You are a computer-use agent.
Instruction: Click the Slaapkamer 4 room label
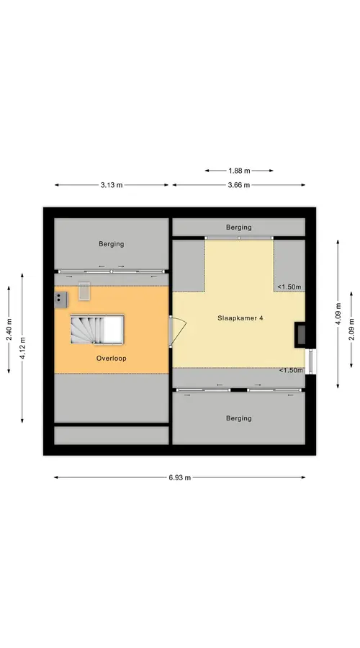240,318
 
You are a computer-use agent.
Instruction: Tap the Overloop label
111,359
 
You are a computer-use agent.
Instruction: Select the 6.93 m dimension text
180,478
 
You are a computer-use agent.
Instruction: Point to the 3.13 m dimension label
112,185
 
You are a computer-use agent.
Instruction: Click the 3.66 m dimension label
239,185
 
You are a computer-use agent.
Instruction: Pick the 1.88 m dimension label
239,171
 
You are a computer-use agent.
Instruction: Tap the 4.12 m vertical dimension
22,348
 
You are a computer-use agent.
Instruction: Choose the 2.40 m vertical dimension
9,329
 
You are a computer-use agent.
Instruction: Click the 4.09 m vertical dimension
338,314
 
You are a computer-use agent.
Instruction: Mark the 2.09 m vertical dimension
351,329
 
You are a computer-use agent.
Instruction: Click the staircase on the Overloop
97,329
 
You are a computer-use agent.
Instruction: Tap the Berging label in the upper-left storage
111,244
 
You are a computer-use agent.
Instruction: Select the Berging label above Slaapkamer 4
239,228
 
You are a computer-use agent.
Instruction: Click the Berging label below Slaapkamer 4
239,418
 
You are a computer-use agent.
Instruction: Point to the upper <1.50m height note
289,287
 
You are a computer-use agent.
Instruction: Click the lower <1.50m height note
291,370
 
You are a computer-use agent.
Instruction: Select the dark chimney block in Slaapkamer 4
300,334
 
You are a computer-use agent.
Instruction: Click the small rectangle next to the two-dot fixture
84,292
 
